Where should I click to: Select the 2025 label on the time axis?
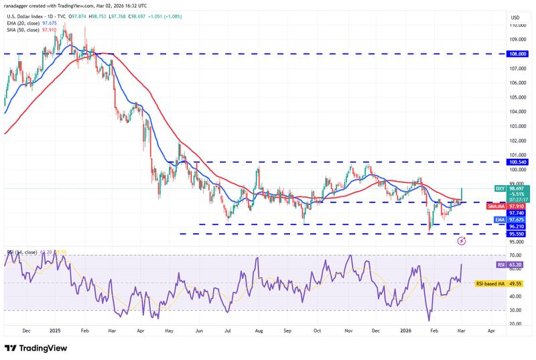click(x=55, y=331)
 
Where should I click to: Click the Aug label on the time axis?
click(x=259, y=331)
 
